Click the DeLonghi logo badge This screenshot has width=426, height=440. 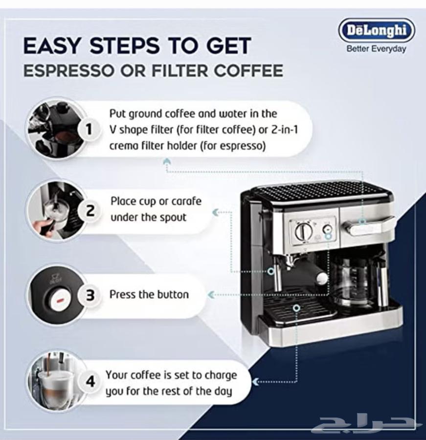377,30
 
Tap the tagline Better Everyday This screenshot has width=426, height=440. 376,49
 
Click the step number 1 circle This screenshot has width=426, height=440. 89,130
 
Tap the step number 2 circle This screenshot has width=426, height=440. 90,211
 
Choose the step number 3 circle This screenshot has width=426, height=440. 90,295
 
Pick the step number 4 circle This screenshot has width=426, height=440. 90,382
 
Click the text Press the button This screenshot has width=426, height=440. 149,294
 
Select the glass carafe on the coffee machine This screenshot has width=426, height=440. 353,281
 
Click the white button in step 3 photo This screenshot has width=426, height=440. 59,300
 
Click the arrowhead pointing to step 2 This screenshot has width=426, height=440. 215,213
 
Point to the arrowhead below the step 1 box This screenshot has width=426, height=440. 167,161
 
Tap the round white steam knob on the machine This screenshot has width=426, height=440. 322,278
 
